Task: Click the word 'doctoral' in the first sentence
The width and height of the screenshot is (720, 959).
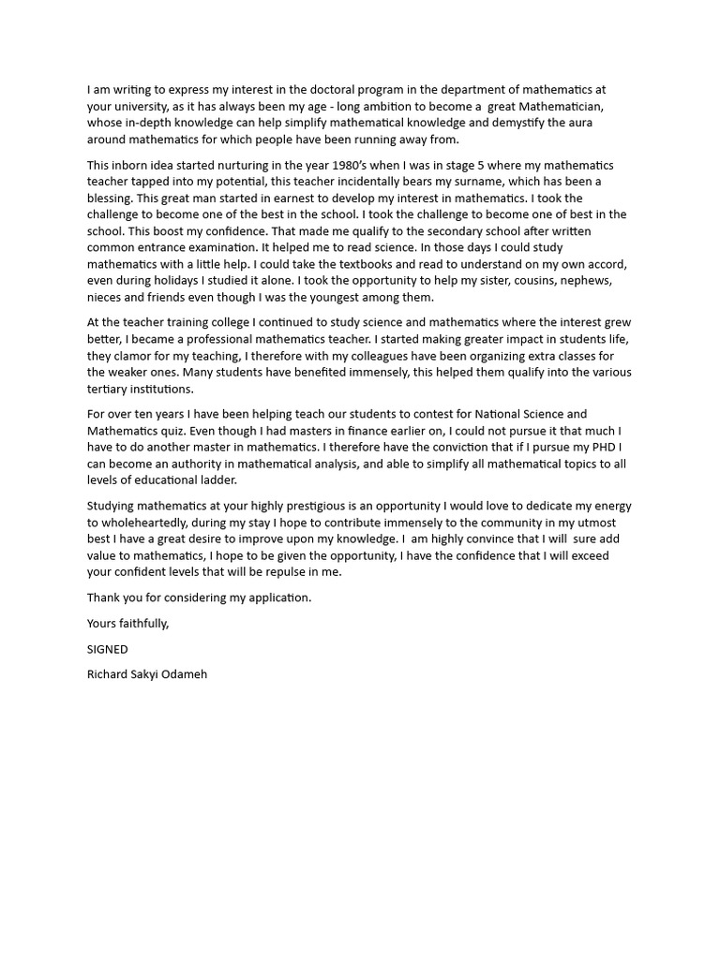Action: (293, 90)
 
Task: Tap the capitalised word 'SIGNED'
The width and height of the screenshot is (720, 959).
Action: (108, 648)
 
